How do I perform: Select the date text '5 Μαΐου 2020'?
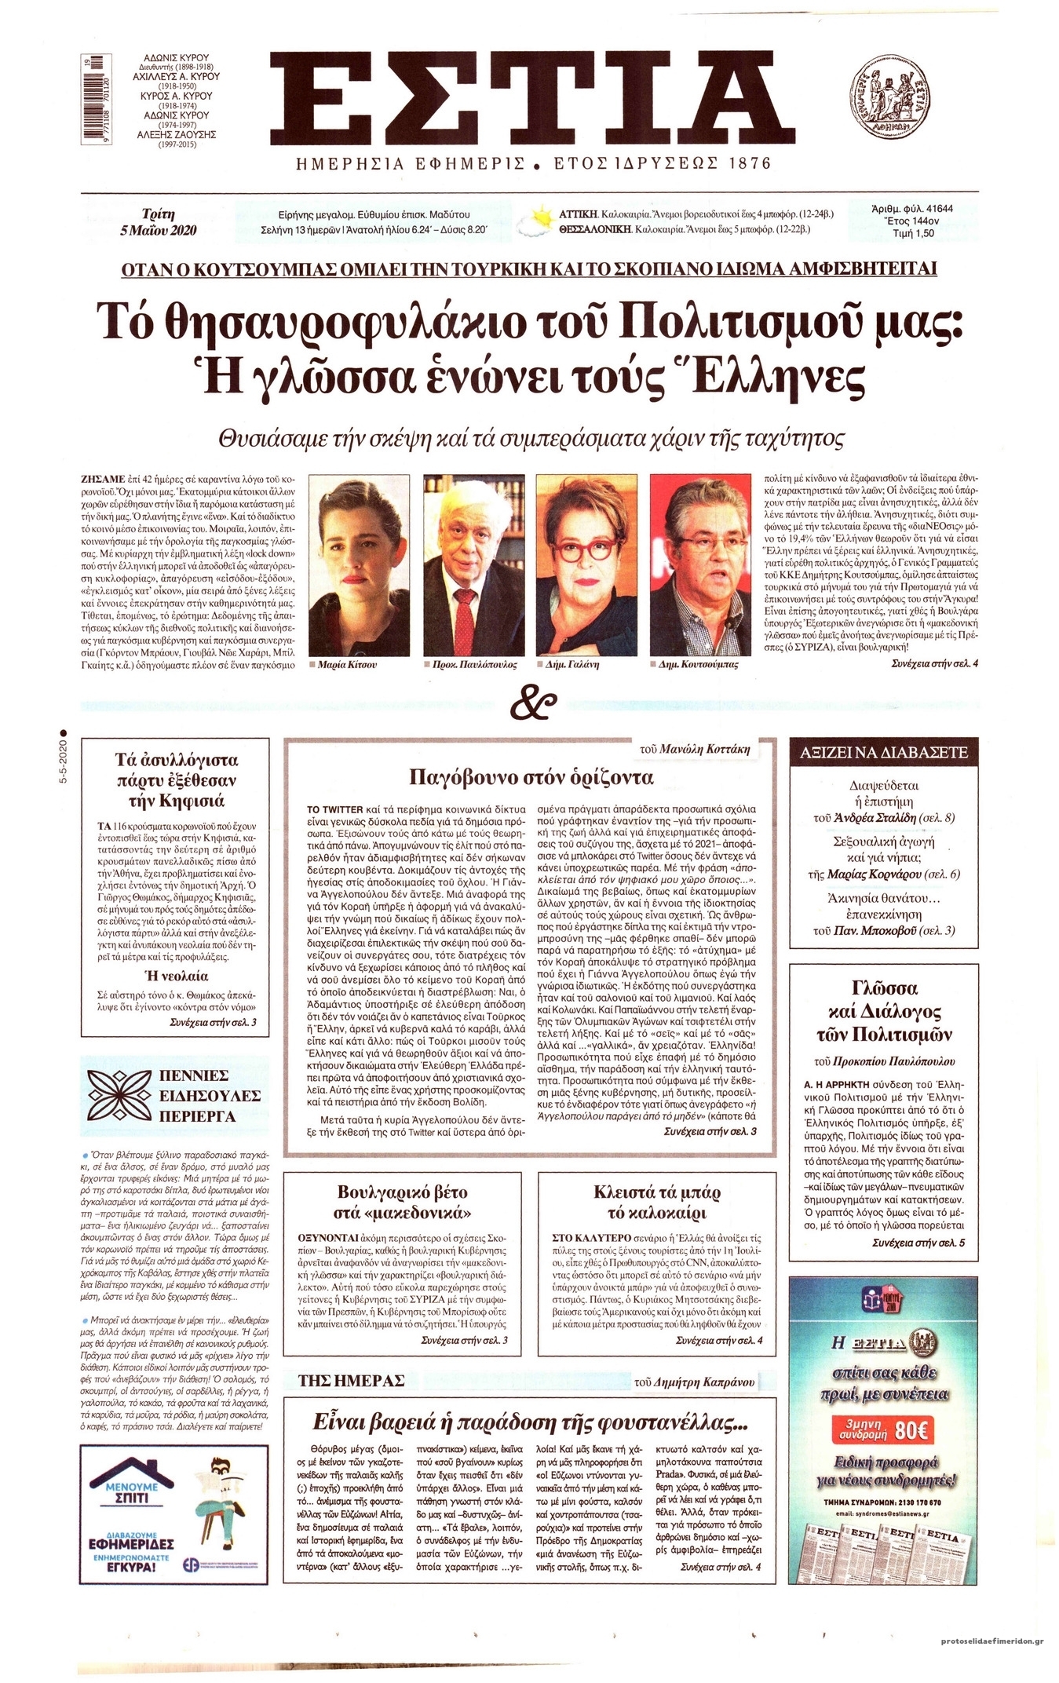[x=159, y=230]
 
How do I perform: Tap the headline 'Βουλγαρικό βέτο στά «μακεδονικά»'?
[x=403, y=1203]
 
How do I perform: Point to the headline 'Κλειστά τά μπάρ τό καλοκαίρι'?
[x=656, y=1203]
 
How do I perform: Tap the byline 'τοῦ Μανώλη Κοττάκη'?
[x=695, y=749]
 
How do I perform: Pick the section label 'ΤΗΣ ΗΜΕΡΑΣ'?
[x=351, y=1380]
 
